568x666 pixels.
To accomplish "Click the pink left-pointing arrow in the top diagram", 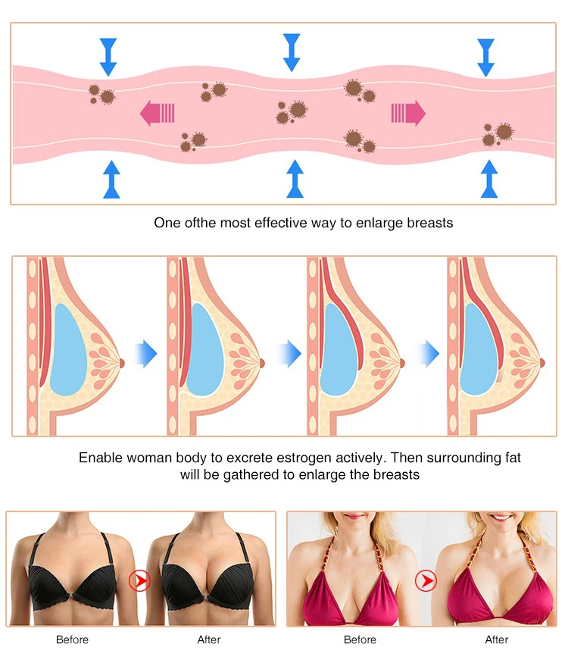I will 158,114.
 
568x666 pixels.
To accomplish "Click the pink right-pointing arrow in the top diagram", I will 407,114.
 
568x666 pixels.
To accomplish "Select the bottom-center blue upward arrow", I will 295,179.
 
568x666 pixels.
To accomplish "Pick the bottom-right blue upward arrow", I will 489,179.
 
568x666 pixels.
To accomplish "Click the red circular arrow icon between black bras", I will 139,581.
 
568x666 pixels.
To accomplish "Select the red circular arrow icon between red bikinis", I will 427,581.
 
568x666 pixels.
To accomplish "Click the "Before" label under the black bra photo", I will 72,640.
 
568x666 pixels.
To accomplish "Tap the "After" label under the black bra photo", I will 209,640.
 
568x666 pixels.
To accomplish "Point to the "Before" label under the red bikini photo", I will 360,640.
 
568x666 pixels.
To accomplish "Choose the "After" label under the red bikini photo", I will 497,640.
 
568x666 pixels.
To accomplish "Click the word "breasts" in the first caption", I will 429,223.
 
